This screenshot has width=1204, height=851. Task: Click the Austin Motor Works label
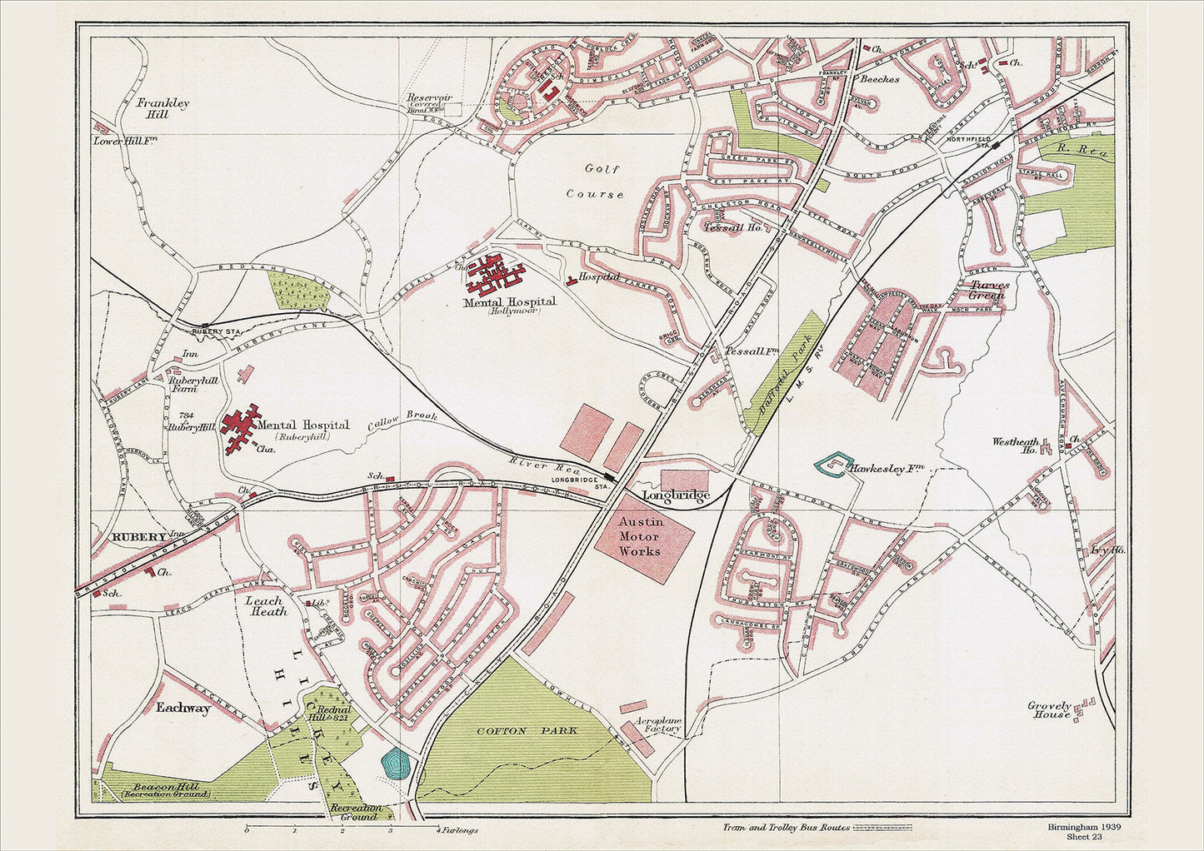(x=640, y=536)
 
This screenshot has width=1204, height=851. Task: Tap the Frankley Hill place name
(x=162, y=108)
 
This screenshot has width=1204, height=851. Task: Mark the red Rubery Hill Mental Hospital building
(x=241, y=427)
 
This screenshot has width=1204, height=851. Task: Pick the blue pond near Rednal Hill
(x=394, y=764)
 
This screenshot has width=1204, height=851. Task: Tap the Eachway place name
(x=183, y=708)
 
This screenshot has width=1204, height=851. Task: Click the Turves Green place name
(x=988, y=289)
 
